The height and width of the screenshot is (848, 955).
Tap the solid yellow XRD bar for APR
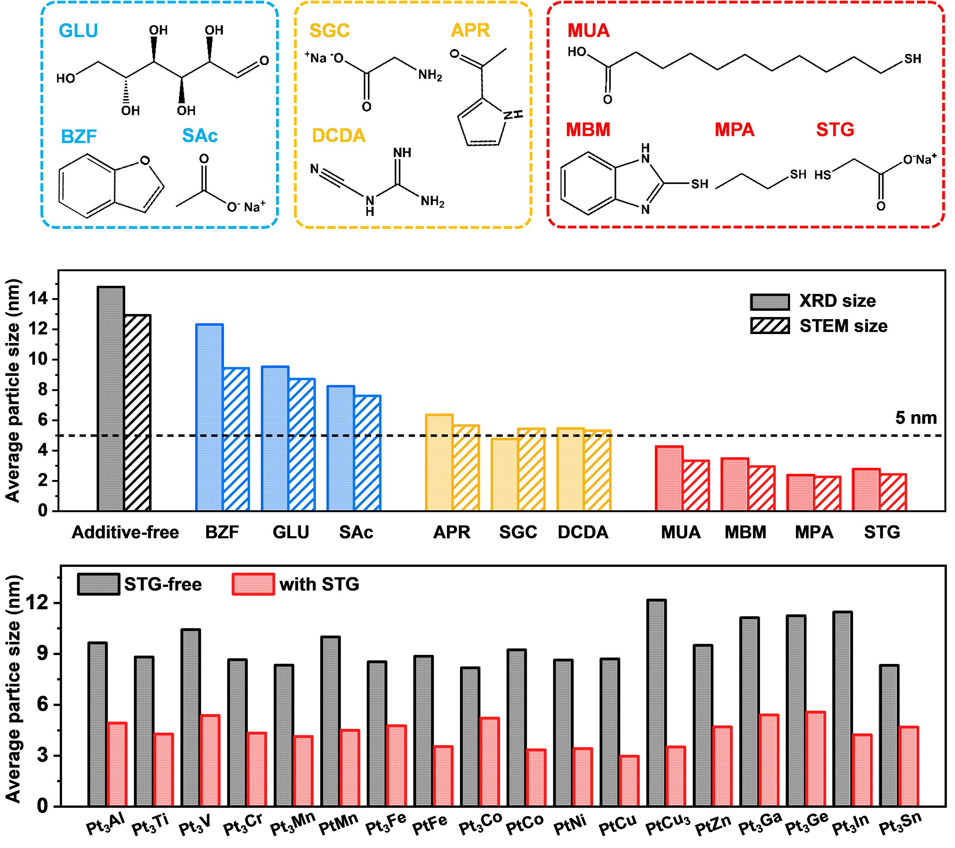coord(439,462)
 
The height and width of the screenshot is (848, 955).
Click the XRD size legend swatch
coord(769,301)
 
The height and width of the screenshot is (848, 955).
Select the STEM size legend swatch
coord(769,326)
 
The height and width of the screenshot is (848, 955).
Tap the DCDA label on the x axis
coord(583,532)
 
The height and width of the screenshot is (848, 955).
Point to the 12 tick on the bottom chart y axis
coord(44,603)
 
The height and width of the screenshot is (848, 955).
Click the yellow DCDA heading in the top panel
coord(338,135)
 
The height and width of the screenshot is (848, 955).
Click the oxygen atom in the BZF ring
coord(145,161)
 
